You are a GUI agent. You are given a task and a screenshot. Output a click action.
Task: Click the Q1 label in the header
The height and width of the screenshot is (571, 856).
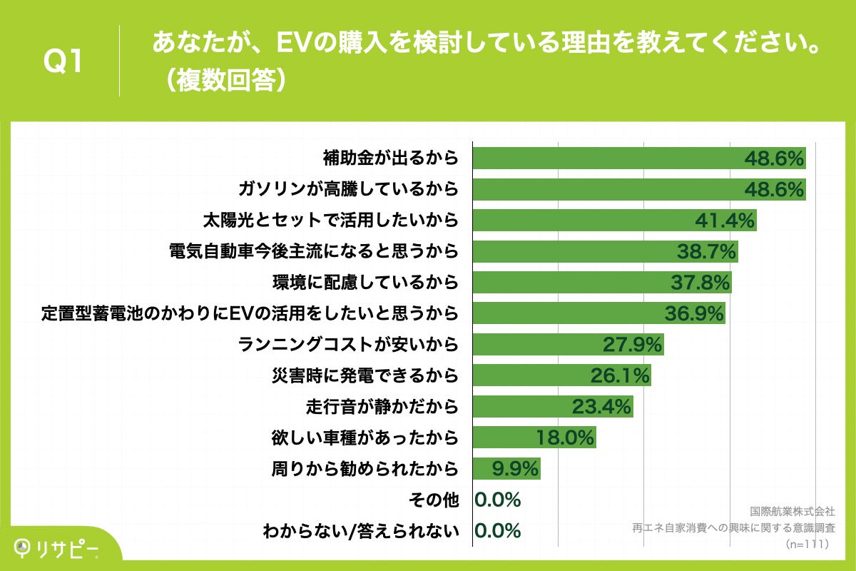pyautogui.click(x=64, y=62)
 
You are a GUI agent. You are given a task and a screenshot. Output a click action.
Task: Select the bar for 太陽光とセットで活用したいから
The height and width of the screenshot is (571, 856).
pyautogui.click(x=614, y=221)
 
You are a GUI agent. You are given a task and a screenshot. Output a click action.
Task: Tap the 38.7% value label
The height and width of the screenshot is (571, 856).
pyautogui.click(x=705, y=251)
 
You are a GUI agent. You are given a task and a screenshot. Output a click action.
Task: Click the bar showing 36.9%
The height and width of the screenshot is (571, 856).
pyautogui.click(x=598, y=313)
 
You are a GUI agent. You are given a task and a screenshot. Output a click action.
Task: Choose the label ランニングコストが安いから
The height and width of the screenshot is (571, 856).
pyautogui.click(x=347, y=345)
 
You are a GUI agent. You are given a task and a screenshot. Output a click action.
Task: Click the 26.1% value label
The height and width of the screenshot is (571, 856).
pyautogui.click(x=620, y=375)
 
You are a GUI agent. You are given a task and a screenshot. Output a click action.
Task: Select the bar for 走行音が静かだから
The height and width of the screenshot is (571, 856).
pyautogui.click(x=553, y=407)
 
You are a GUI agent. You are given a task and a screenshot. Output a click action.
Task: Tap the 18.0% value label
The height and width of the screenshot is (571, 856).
pyautogui.click(x=565, y=438)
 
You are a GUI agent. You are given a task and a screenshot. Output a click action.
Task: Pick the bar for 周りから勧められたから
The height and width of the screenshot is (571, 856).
pyautogui.click(x=506, y=469)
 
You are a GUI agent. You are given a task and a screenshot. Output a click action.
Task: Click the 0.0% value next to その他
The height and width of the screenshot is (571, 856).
pyautogui.click(x=498, y=500)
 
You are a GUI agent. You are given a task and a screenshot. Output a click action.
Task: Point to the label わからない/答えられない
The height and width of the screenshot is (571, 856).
pyautogui.click(x=360, y=531)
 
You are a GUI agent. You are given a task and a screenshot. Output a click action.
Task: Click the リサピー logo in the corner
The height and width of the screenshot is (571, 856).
pyautogui.click(x=57, y=547)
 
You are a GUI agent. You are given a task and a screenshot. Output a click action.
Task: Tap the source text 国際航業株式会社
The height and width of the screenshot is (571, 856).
pyautogui.click(x=793, y=512)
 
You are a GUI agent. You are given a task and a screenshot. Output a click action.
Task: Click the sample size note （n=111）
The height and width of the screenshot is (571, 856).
pyautogui.click(x=809, y=544)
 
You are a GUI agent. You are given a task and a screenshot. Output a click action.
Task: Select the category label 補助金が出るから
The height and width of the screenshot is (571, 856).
pyautogui.click(x=389, y=158)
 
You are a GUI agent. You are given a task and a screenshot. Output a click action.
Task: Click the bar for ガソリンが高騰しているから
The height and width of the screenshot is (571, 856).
pyautogui.click(x=639, y=189)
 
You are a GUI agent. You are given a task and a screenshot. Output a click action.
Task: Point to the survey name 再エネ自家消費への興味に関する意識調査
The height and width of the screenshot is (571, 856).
pyautogui.click(x=733, y=528)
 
